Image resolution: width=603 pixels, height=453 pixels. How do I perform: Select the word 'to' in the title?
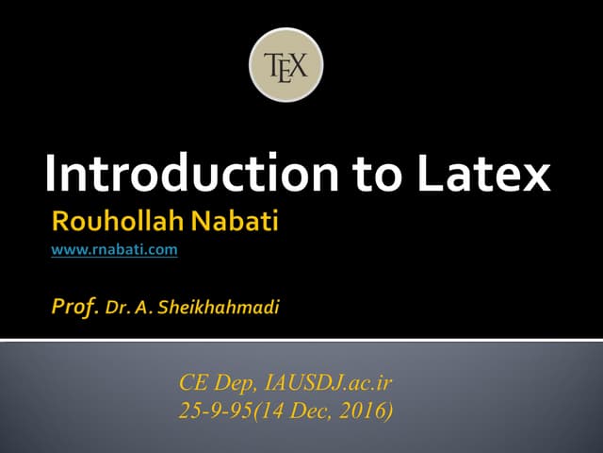click(375, 176)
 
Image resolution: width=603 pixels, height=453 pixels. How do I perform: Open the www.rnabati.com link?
click(114, 251)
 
